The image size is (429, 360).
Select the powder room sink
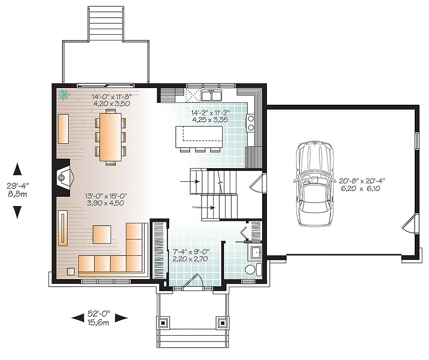point(254,252)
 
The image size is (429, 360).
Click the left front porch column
point(163,322)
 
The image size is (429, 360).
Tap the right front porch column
point(222,322)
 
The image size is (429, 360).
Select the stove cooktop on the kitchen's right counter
point(250,122)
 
